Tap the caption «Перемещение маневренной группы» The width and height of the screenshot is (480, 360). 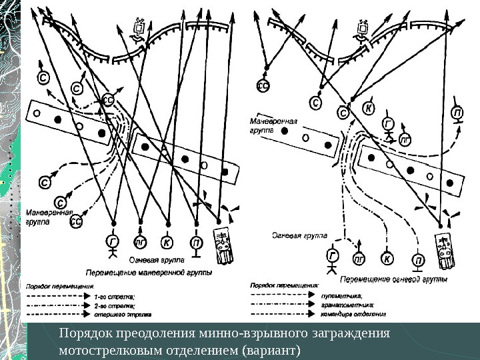tap(149, 273)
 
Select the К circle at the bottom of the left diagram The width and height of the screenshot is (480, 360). tap(168, 242)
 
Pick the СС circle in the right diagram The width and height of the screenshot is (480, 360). tap(263, 85)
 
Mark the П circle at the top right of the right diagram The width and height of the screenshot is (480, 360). tap(457, 113)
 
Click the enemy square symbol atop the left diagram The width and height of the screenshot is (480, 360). tap(139, 29)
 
